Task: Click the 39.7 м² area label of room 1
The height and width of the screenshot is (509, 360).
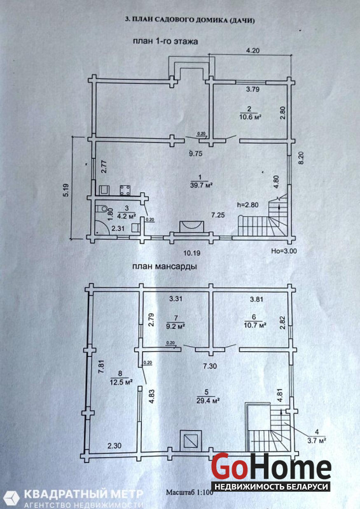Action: tap(201, 185)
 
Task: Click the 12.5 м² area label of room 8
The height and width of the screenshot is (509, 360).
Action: tap(121, 382)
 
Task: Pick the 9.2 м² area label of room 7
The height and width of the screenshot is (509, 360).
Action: tap(176, 327)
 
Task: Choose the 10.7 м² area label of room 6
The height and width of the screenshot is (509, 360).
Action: tap(255, 324)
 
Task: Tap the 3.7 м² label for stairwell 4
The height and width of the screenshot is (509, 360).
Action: tap(317, 440)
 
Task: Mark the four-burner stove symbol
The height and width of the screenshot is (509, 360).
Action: tap(125, 190)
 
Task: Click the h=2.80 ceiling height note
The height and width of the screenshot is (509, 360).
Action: tap(248, 205)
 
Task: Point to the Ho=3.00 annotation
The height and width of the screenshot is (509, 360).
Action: tap(284, 251)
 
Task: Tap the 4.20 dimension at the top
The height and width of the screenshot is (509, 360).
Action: tap(253, 50)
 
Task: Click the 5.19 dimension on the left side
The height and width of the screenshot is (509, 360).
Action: tap(66, 189)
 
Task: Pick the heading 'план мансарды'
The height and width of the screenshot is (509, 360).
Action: tap(164, 267)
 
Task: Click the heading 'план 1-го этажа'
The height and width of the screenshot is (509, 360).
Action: tap(165, 41)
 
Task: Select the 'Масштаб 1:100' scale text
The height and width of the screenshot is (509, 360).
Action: tap(190, 492)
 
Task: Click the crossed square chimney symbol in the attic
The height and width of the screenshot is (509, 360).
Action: tap(191, 440)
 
